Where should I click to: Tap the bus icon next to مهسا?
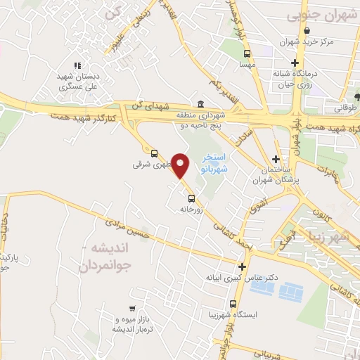pos(247,53)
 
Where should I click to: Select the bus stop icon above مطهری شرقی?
pos(154,152)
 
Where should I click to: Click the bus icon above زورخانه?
pos(191,198)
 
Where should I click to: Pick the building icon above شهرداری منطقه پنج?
pos(202,103)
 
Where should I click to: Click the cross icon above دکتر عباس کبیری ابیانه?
pos(243,266)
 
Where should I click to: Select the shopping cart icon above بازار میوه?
pos(131,308)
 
